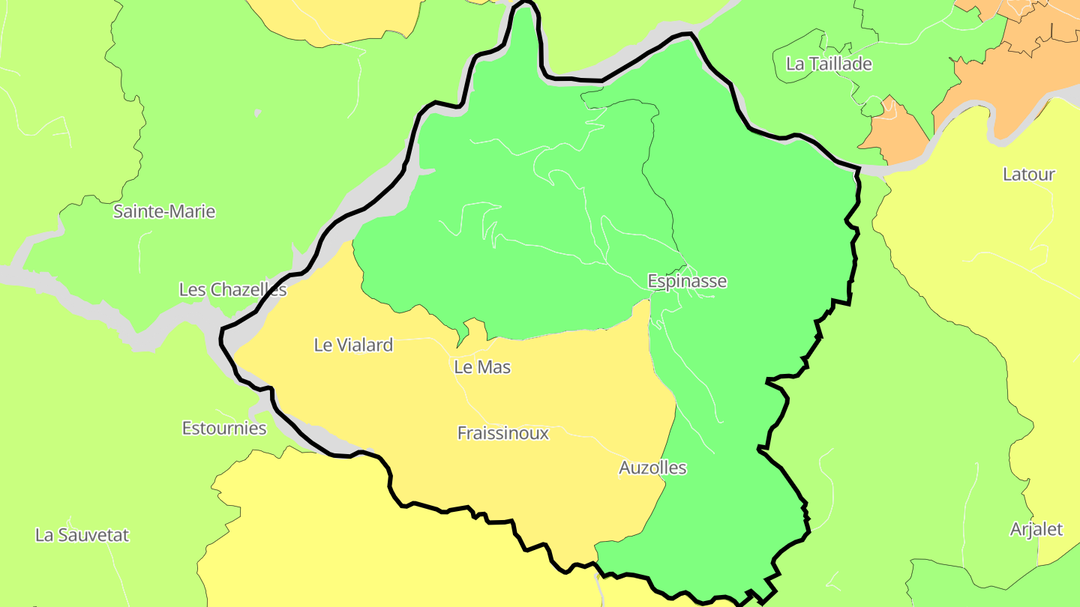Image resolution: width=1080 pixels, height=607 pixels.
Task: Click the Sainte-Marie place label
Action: coord(164,211)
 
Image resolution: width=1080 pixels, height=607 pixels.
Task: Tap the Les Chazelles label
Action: coord(232,289)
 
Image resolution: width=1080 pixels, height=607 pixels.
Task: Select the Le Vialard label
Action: coord(353,345)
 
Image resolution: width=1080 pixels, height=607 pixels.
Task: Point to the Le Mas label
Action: coord(482,367)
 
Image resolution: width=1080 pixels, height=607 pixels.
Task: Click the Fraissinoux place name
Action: coord(502,433)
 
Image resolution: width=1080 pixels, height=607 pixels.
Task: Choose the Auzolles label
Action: coord(652,468)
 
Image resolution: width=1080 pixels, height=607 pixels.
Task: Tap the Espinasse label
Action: coord(687,281)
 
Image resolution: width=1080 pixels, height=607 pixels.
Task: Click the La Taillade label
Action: coord(829,64)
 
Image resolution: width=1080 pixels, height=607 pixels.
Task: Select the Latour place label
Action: coord(1029,174)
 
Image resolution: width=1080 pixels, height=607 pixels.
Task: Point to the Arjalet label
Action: coord(1036,529)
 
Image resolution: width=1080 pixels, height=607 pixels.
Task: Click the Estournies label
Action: coord(224,428)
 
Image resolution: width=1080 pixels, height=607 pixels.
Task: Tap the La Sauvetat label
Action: coord(82,535)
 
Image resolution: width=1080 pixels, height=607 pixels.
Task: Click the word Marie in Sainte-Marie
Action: coord(191,211)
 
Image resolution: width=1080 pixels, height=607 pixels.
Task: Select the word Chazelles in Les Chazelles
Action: coord(247,289)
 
